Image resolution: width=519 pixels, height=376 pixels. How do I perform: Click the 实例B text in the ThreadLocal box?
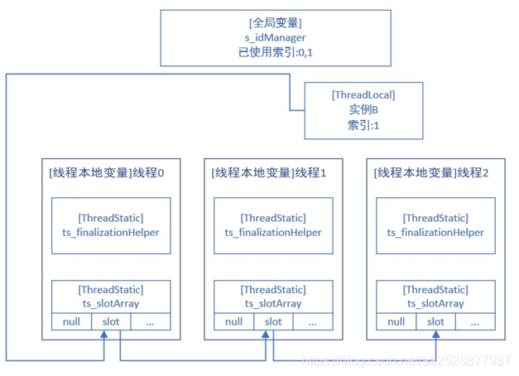point(363,110)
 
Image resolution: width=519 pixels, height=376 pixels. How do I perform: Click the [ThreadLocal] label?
point(363,95)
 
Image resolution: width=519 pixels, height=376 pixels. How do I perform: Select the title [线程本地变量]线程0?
point(108,173)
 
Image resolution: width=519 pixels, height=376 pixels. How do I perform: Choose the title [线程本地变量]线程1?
point(270,173)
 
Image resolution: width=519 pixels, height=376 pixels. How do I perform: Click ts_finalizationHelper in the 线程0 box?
point(110,233)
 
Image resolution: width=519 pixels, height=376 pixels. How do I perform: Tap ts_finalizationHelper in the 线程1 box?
point(272,233)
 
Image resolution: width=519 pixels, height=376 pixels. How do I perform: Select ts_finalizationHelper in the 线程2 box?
point(435,233)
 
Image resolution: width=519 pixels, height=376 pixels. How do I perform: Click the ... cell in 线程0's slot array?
point(150,321)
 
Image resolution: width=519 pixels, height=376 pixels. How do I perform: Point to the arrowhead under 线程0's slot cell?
point(104,334)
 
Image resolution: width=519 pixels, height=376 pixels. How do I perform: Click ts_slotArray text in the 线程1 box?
point(272,303)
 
